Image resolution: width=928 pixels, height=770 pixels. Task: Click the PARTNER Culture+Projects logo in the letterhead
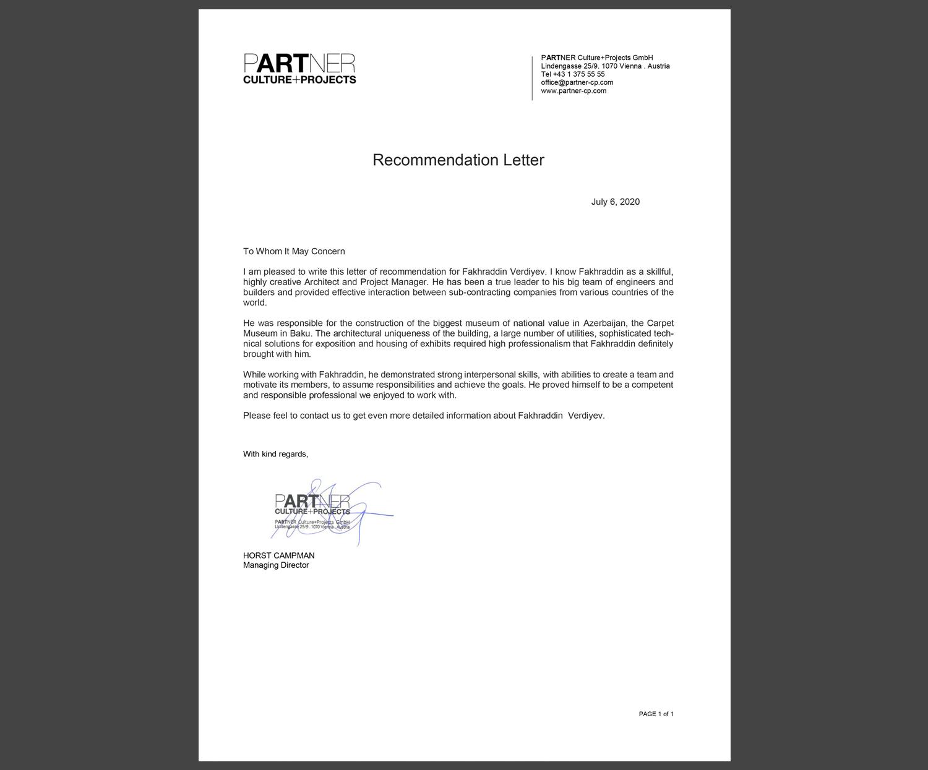pos(299,69)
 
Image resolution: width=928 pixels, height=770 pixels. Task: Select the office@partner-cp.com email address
pos(577,82)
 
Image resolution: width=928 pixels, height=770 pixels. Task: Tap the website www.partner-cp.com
pos(574,91)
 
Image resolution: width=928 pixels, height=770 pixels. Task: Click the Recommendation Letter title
pos(458,160)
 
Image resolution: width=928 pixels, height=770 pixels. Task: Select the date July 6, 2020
pos(615,202)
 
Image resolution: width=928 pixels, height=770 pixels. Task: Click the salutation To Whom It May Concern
pos(294,251)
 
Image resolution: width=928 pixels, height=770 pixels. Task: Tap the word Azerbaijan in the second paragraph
pos(604,323)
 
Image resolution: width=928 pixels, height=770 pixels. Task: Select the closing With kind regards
pos(275,454)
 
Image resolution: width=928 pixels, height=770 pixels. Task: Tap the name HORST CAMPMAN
pos(278,555)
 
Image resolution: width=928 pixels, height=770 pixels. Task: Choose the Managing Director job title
pos(276,565)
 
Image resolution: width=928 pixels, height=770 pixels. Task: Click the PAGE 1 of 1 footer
pos(656,714)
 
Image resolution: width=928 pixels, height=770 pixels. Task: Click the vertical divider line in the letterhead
pos(532,78)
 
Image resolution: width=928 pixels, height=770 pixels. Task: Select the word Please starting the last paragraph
pos(257,416)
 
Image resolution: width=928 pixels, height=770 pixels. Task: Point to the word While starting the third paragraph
pos(254,374)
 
